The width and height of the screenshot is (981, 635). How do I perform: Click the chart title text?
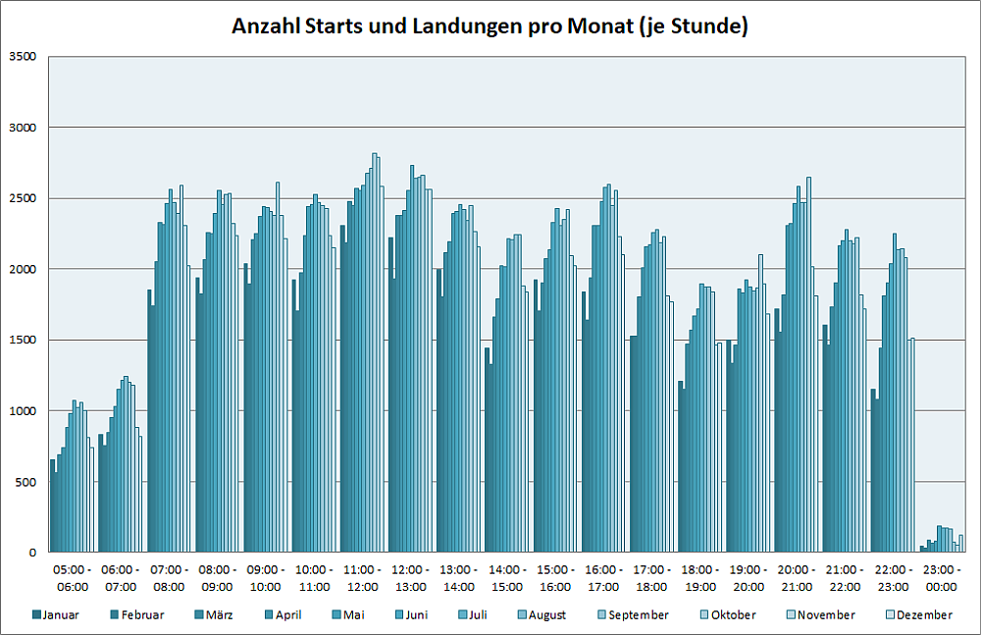pyautogui.click(x=490, y=26)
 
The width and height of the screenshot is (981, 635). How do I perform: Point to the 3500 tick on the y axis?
pyautogui.click(x=22, y=57)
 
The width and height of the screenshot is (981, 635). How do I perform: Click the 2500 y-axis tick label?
pyautogui.click(x=22, y=198)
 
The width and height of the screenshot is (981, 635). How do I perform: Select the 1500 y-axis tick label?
pyautogui.click(x=22, y=341)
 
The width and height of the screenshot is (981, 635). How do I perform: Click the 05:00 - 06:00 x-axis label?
pyautogui.click(x=72, y=578)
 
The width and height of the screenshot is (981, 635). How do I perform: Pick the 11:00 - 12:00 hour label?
pyautogui.click(x=362, y=578)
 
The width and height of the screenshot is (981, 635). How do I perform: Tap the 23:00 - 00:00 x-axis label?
pyautogui.click(x=942, y=578)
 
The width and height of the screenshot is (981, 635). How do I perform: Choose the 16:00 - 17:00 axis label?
pyautogui.click(x=603, y=578)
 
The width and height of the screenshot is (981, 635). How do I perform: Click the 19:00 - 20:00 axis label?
pyautogui.click(x=749, y=578)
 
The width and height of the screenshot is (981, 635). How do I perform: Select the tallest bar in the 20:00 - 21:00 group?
pyautogui.click(x=809, y=364)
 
